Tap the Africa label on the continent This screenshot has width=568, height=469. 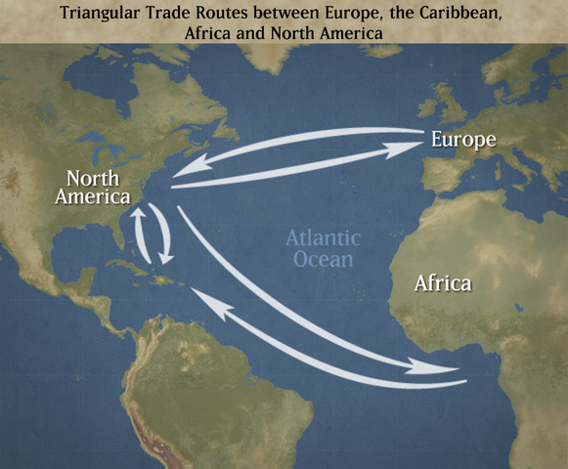point(443,284)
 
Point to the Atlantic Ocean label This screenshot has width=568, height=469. point(322,248)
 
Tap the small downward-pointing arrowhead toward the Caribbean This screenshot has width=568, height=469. point(166,259)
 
